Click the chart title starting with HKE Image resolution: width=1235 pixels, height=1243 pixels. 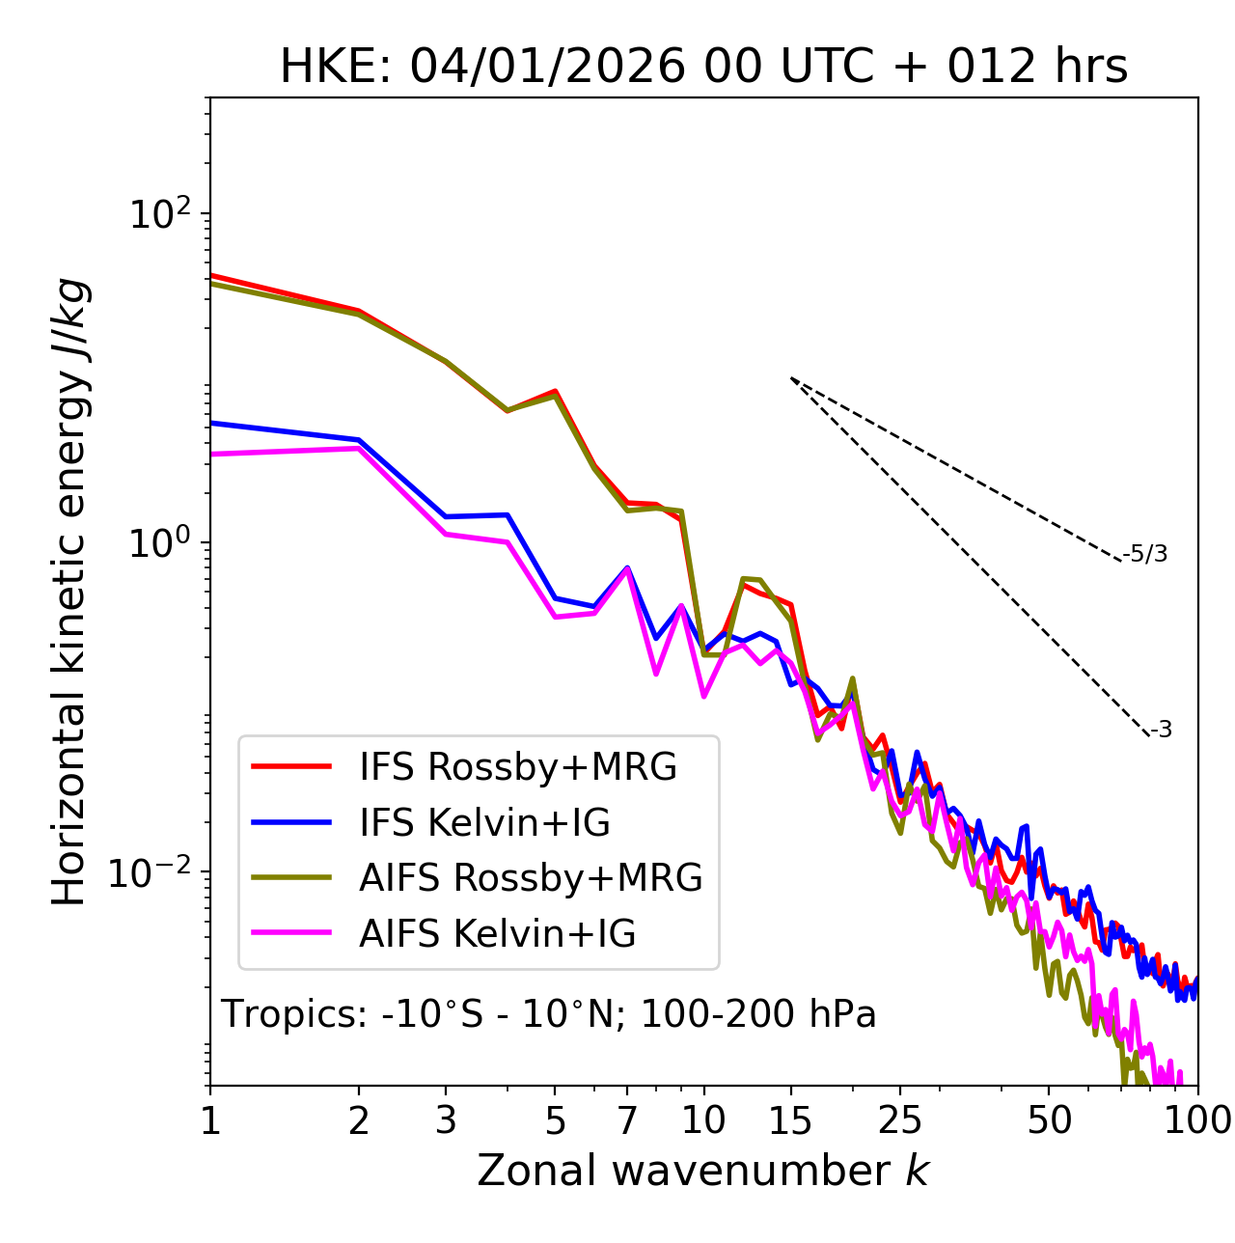[703, 68]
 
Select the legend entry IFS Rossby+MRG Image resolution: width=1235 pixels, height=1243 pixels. [517, 767]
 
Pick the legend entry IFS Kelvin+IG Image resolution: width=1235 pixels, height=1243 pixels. [484, 823]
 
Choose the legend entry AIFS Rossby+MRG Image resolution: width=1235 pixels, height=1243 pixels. [531, 878]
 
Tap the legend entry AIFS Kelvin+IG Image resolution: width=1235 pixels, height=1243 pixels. [497, 934]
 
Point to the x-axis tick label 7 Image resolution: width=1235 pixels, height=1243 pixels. [627, 1120]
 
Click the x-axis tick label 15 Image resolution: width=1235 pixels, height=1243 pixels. [790, 1120]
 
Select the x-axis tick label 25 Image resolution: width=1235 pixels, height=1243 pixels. [900, 1120]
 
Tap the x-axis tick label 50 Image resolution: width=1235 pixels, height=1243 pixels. [1049, 1120]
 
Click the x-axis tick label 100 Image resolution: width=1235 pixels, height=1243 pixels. [1196, 1120]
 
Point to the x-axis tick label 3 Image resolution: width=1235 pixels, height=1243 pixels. [446, 1120]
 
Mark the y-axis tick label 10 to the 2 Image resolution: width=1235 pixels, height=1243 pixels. [160, 214]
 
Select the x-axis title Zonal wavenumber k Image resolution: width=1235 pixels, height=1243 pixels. [703, 1172]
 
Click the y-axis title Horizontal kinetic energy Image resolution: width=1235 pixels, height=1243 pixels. [69, 592]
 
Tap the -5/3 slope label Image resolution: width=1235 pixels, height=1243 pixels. [1145, 555]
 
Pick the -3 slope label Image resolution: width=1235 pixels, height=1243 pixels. [1162, 731]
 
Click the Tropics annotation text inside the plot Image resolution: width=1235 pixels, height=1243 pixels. [549, 1015]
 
